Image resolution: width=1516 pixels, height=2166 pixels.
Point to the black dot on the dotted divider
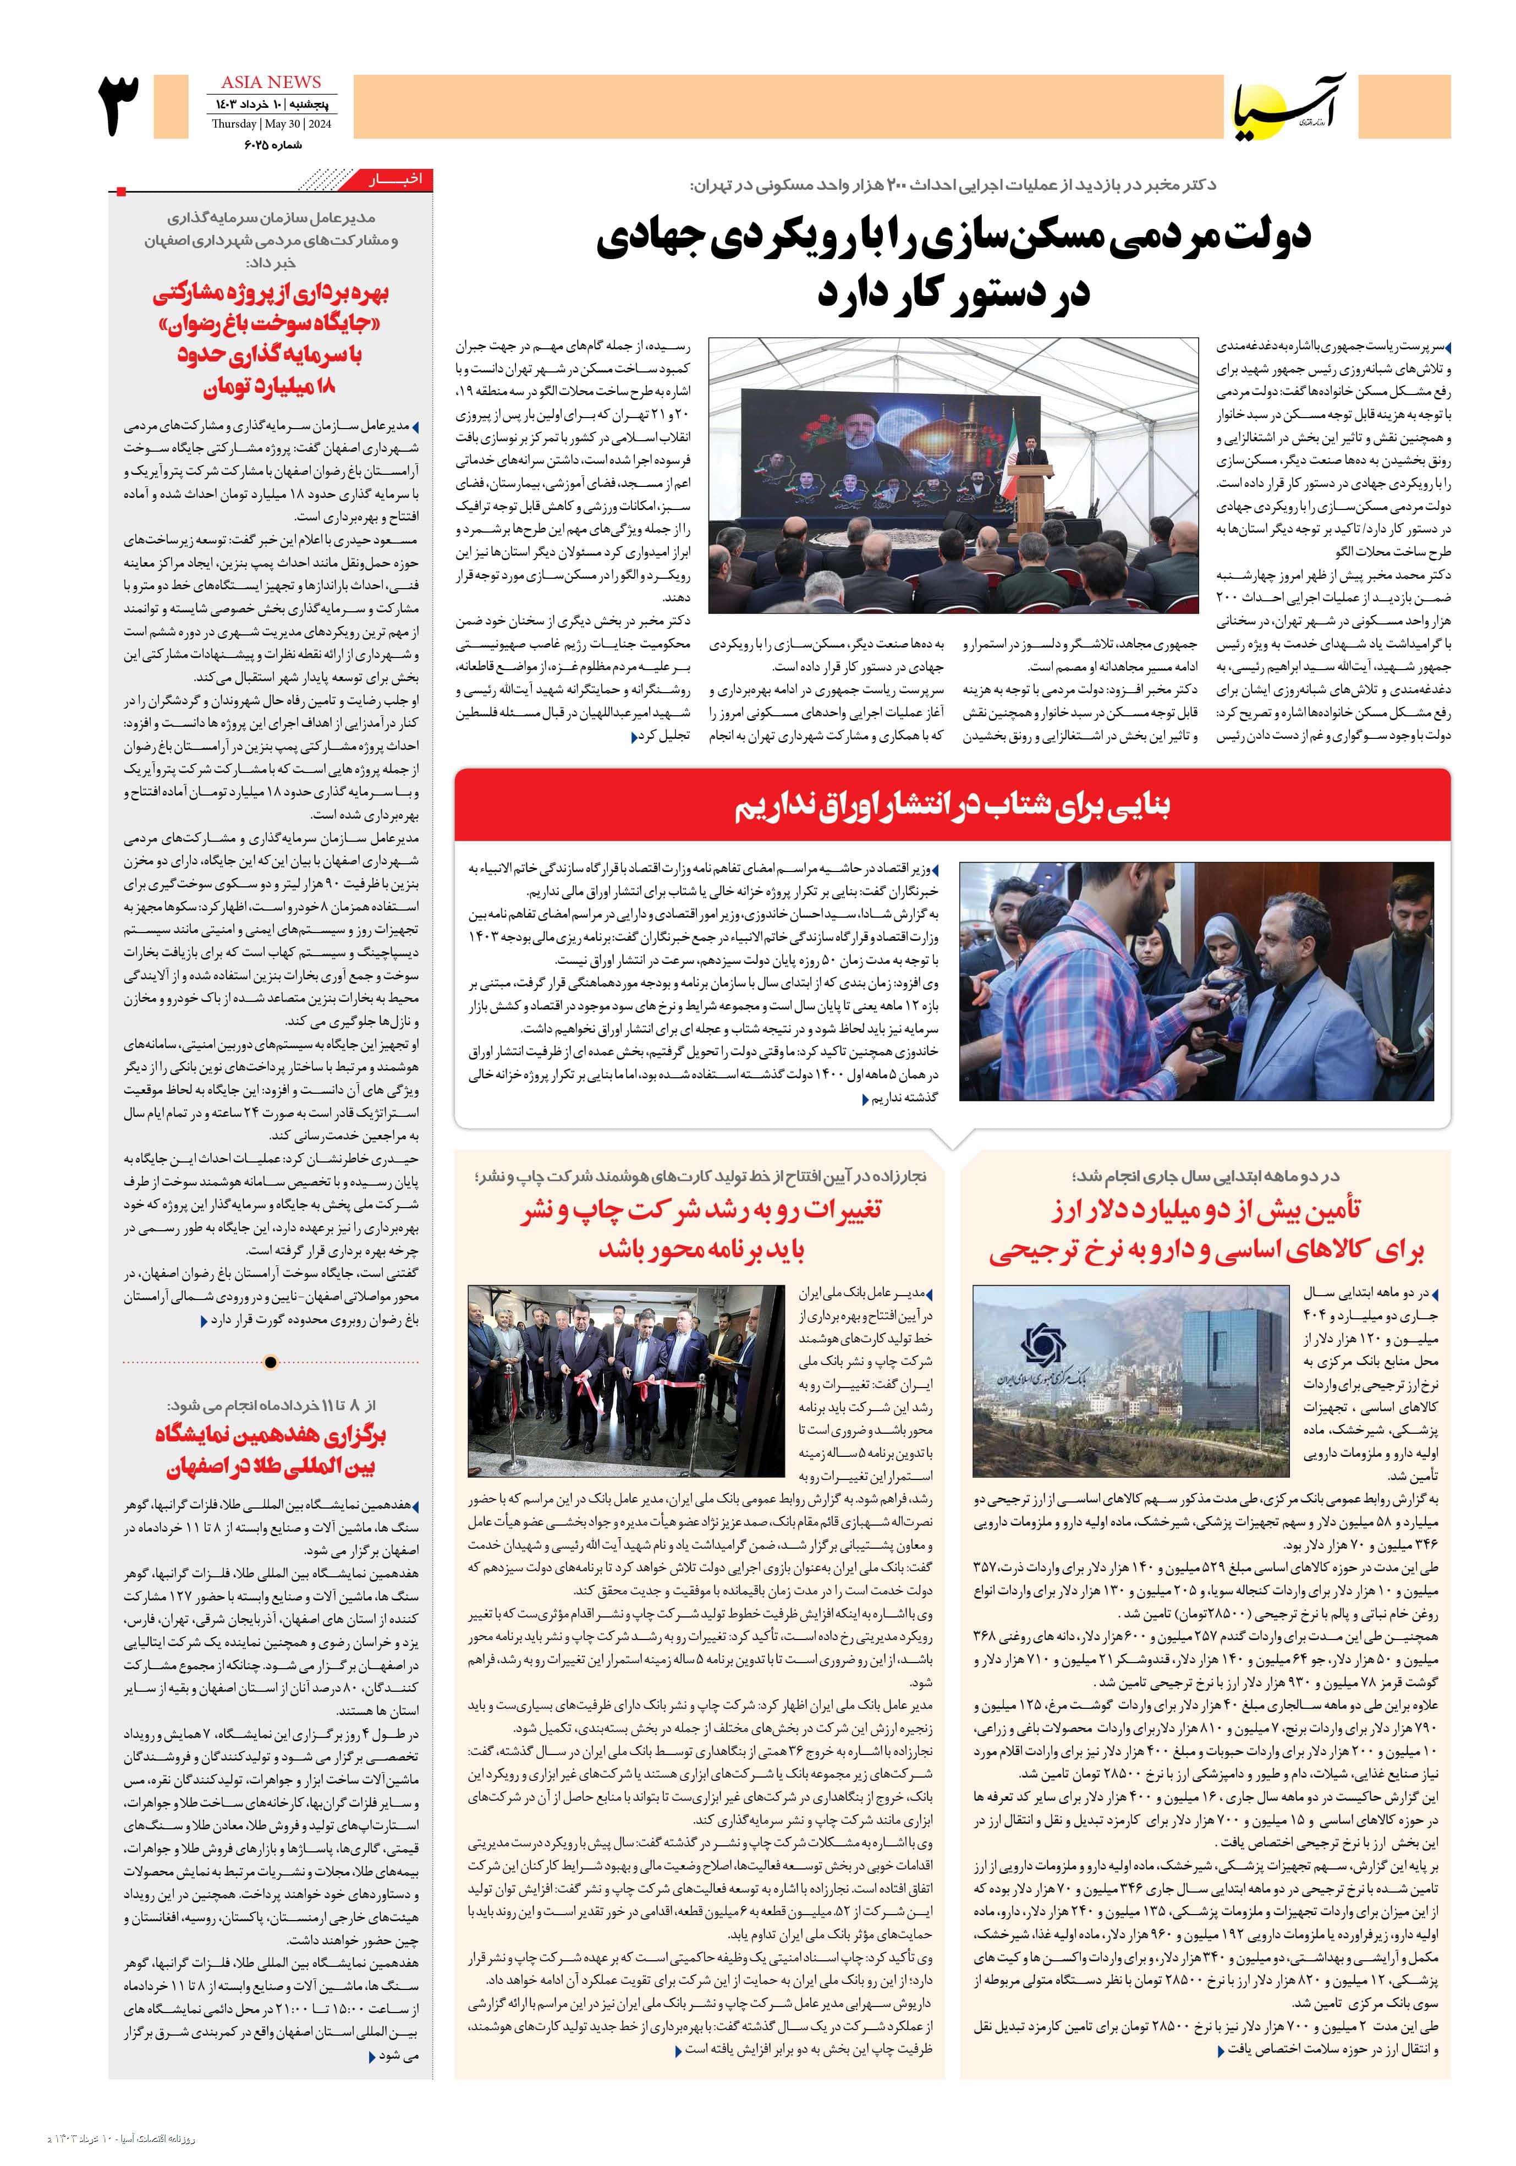pos(271,1361)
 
